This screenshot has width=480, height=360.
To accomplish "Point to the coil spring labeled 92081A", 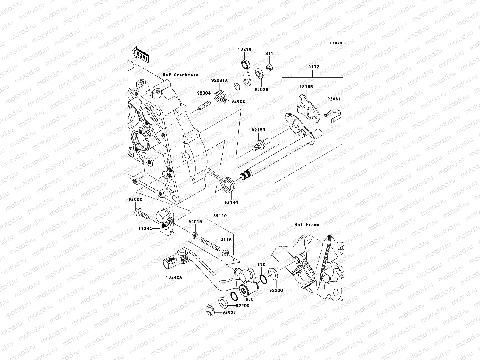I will (221, 97).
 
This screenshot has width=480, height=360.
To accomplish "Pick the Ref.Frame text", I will (307, 225).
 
